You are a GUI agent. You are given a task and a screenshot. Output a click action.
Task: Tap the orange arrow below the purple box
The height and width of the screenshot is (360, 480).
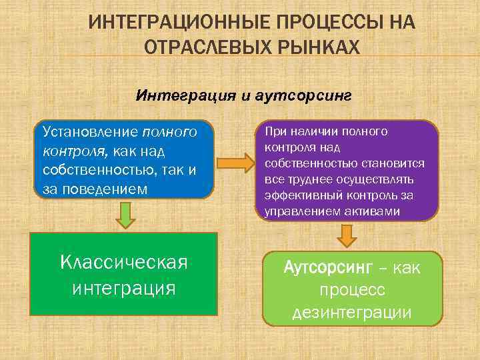coord(347,235)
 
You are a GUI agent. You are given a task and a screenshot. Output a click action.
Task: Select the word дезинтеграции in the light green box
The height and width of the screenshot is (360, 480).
coord(351,313)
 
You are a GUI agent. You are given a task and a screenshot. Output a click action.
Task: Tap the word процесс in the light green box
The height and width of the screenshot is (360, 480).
coord(351,291)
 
